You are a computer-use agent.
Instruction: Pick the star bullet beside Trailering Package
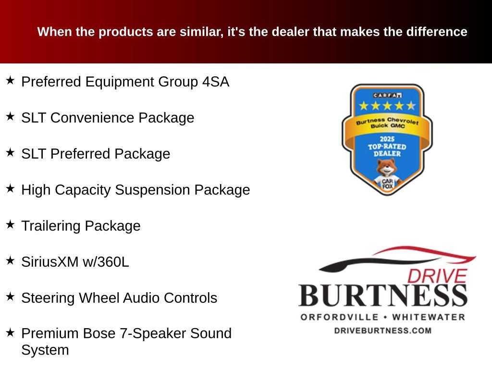[x=10, y=224]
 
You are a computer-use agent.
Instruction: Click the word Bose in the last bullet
[x=123, y=333]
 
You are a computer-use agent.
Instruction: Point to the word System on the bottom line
[x=45, y=350]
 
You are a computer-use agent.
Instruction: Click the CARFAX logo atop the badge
[x=387, y=95]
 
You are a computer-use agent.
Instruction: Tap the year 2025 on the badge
[x=387, y=139]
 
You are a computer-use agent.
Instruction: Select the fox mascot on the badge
[x=386, y=175]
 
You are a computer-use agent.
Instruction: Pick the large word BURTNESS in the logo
[x=383, y=295]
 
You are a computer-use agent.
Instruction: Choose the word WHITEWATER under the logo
[x=429, y=317]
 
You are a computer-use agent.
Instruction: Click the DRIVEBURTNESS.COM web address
[x=382, y=331]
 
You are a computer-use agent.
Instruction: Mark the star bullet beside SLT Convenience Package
[x=10, y=116]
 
